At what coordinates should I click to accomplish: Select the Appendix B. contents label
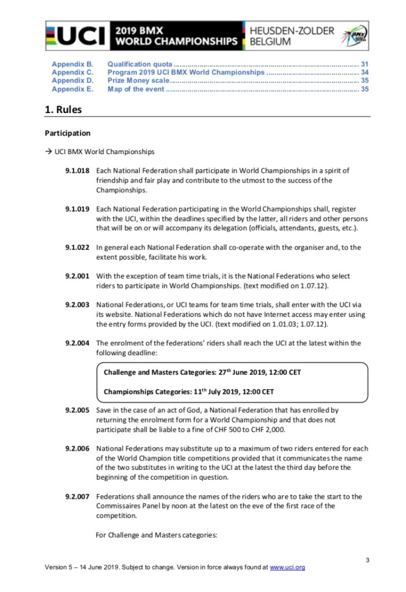pyautogui.click(x=72, y=64)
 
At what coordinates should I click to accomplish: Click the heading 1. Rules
pyautogui.click(x=63, y=109)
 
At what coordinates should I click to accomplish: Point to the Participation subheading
pyautogui.click(x=67, y=133)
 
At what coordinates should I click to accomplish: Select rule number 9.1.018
pyautogui.click(x=77, y=171)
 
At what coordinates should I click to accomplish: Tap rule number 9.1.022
pyautogui.click(x=77, y=247)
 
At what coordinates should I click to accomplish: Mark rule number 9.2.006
pyautogui.click(x=77, y=448)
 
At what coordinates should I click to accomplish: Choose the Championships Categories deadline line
pyautogui.click(x=188, y=392)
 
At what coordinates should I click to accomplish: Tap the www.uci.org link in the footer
pyautogui.click(x=288, y=567)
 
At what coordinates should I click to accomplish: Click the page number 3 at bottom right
pyautogui.click(x=367, y=559)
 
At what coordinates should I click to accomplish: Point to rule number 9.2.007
pyautogui.click(x=77, y=496)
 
